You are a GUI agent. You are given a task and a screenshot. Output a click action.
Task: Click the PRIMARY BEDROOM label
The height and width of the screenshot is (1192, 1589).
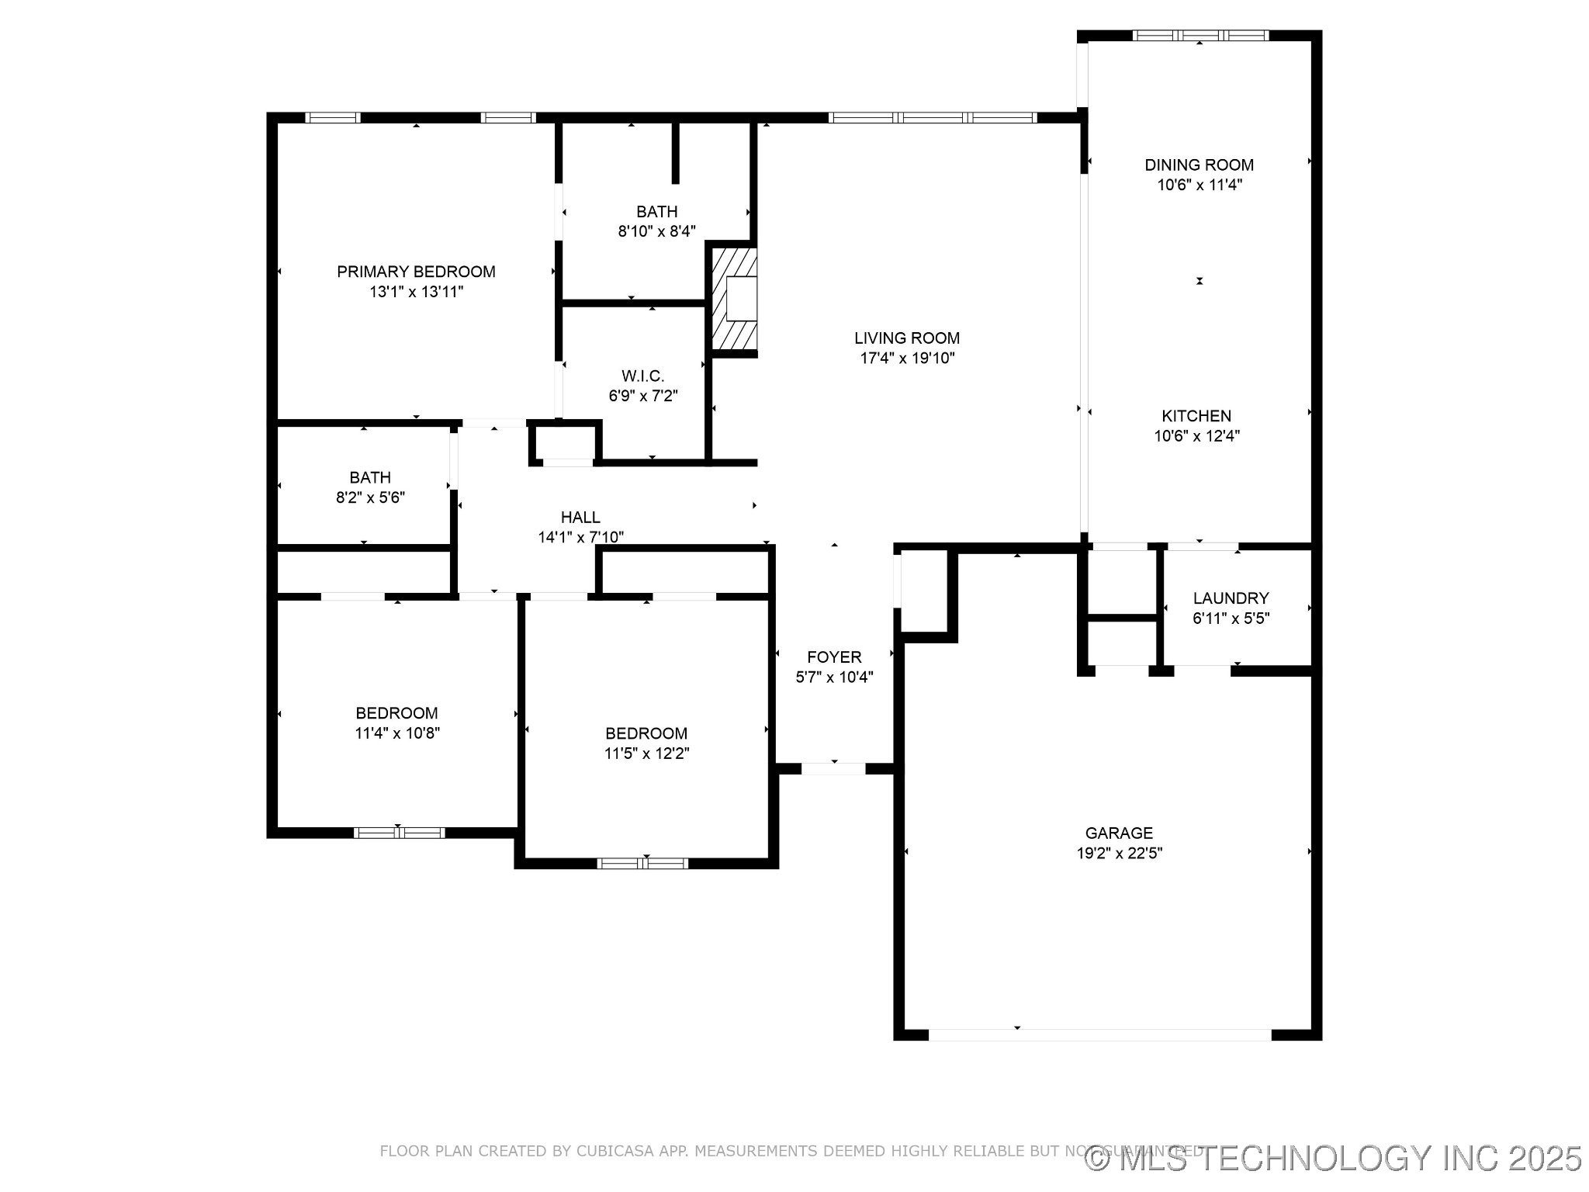coord(416,272)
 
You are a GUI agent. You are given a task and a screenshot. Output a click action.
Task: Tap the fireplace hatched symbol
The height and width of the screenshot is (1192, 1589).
coord(734,298)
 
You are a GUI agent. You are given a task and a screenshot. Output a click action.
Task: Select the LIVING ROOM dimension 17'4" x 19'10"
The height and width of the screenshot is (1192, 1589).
coord(907,359)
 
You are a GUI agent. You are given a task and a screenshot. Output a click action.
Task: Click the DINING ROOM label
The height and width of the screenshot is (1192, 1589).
coord(1199,165)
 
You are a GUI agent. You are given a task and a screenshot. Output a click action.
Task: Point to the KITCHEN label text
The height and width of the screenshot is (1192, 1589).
coord(1196,416)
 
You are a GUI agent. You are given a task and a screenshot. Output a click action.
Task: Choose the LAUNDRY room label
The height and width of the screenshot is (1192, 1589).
coord(1231,598)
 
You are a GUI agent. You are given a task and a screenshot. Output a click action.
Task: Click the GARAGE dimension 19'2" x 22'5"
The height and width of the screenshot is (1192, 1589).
coord(1119,854)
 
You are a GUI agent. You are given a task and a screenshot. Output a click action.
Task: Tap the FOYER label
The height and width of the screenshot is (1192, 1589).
coord(834,657)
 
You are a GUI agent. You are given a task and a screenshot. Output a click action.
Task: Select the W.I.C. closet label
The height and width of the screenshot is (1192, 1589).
coord(642,376)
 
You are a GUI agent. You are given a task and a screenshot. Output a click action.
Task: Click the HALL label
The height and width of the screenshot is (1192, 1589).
coord(580,518)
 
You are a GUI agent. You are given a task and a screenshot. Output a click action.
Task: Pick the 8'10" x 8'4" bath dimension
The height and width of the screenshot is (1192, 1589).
coord(657,231)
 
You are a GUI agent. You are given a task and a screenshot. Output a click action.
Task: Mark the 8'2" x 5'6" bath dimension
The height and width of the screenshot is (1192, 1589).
coord(370,497)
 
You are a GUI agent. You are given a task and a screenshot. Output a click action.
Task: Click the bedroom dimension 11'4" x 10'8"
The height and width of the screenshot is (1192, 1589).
coord(397,733)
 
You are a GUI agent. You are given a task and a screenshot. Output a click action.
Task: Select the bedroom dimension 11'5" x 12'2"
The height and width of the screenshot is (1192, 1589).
coord(646,754)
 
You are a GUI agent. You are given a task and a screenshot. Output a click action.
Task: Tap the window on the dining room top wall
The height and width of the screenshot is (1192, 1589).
coord(1200,35)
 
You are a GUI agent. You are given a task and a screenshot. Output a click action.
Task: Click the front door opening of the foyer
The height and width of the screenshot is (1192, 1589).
coord(833,769)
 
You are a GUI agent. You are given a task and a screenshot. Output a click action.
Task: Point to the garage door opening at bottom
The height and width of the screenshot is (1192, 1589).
coord(1099,1034)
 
